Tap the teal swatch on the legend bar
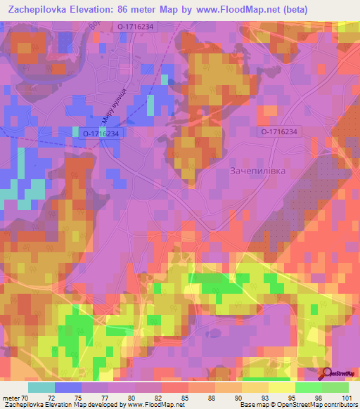click(x=41, y=387)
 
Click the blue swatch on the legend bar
click(x=68, y=387)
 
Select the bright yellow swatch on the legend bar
click(x=282, y=387)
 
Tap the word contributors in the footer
click(x=340, y=405)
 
